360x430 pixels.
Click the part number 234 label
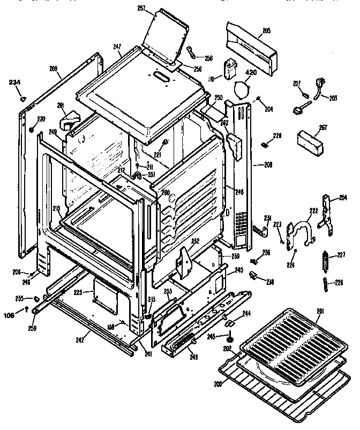coord(16,82)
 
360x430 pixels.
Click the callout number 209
coord(53,69)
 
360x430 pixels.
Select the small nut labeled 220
coord(32,130)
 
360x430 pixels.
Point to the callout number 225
coord(78,292)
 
